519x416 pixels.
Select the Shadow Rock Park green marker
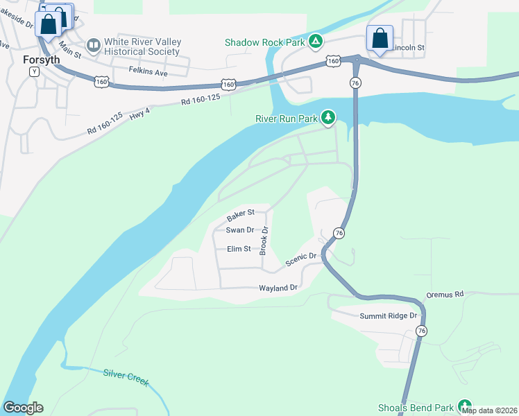click(x=316, y=42)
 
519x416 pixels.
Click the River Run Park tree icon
click(x=327, y=119)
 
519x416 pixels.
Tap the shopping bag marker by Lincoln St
click(x=380, y=38)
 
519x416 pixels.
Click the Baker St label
click(x=241, y=213)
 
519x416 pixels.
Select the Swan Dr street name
click(x=240, y=230)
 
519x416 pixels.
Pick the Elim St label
click(x=239, y=249)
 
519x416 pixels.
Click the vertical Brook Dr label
click(x=264, y=240)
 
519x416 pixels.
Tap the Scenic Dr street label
click(x=301, y=260)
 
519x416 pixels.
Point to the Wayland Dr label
click(x=278, y=287)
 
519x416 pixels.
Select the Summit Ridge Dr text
click(x=389, y=316)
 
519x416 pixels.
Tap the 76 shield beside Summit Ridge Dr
click(x=421, y=331)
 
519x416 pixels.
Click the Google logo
click(x=23, y=408)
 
